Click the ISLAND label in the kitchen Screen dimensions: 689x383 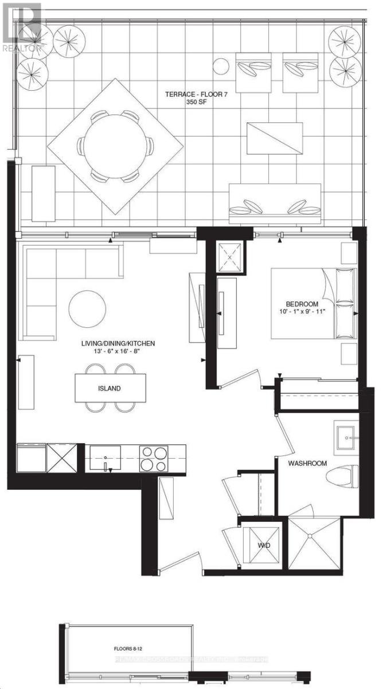109,388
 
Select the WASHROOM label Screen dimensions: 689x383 307,463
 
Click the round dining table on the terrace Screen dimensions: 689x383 117,144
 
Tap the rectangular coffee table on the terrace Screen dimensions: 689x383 274,138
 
